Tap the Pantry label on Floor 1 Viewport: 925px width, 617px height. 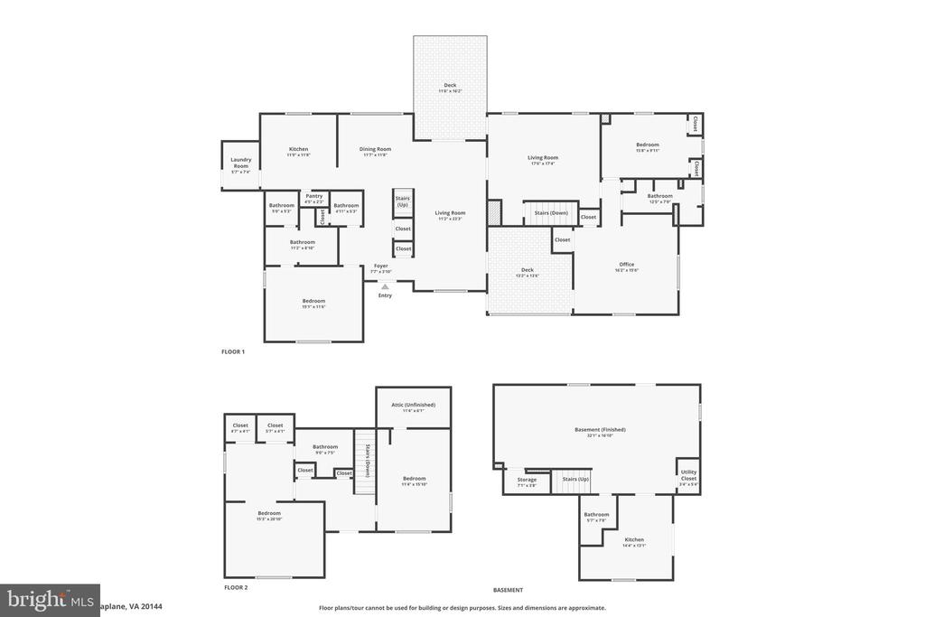coord(314,196)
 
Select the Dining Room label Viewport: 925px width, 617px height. coord(375,149)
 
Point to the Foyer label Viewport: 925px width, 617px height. coord(380,266)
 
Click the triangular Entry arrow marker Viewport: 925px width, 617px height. coord(385,286)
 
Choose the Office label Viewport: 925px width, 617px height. coord(626,265)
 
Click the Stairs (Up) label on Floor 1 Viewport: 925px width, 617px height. coord(403,201)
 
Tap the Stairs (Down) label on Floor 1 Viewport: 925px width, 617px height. coord(551,213)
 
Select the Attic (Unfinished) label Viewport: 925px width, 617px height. coord(413,405)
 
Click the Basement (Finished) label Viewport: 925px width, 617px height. coord(600,429)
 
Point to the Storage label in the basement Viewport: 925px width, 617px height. coord(527,480)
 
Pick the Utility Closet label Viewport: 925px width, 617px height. coord(688,474)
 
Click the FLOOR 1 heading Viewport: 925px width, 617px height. coord(233,351)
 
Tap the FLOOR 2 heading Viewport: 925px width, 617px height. coord(236,587)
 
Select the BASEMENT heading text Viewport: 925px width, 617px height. coord(508,590)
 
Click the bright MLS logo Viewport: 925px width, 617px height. coord(50,600)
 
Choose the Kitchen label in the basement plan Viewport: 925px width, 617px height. coord(634,539)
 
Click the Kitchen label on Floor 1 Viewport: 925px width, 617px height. coord(298,149)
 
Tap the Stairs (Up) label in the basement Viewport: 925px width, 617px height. coord(575,479)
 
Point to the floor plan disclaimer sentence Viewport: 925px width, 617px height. coord(462,608)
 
